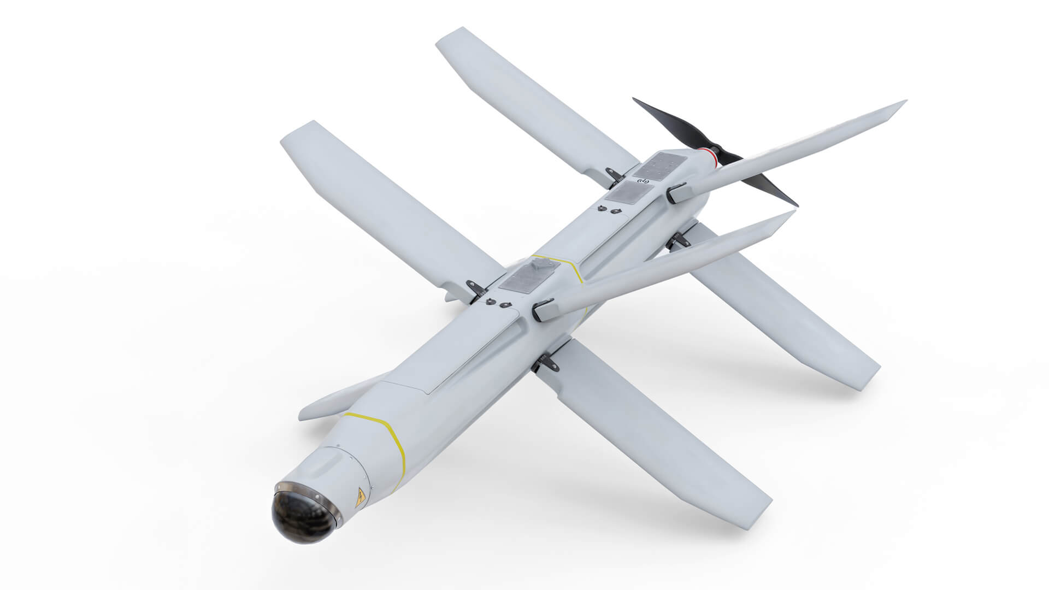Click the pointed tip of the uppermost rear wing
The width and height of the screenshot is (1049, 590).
coord(904,102)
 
